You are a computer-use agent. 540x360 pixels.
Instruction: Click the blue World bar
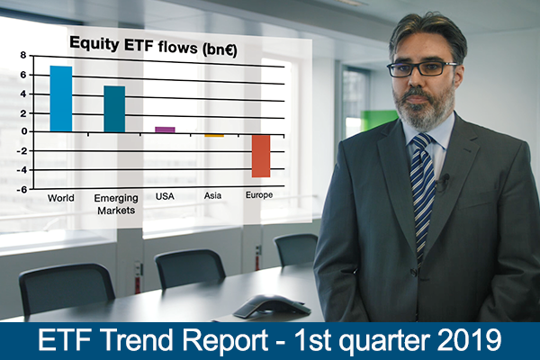tap(61, 99)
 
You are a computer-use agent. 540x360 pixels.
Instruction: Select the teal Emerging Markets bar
tap(114, 109)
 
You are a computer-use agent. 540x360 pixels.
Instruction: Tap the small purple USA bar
tap(165, 130)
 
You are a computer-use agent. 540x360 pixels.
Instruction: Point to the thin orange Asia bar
tap(214, 136)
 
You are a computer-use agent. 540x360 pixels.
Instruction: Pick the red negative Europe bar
tap(261, 156)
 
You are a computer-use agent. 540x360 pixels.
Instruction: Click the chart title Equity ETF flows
tap(153, 46)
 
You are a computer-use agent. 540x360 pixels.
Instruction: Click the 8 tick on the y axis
tap(23, 55)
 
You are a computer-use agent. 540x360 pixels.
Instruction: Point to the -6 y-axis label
tap(22, 189)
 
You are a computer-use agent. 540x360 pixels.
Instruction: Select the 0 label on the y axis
tap(23, 131)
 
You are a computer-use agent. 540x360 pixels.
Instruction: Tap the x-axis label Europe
tap(259, 195)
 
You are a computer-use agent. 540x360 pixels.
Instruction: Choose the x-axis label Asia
tap(212, 195)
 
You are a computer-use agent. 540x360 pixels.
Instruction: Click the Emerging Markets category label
tap(116, 204)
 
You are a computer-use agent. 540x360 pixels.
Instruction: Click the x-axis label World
tap(61, 198)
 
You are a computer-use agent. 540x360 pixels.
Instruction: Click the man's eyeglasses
tap(422, 69)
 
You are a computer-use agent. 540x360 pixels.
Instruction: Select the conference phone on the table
tap(272, 306)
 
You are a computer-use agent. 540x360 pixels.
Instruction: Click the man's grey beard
tap(424, 109)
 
